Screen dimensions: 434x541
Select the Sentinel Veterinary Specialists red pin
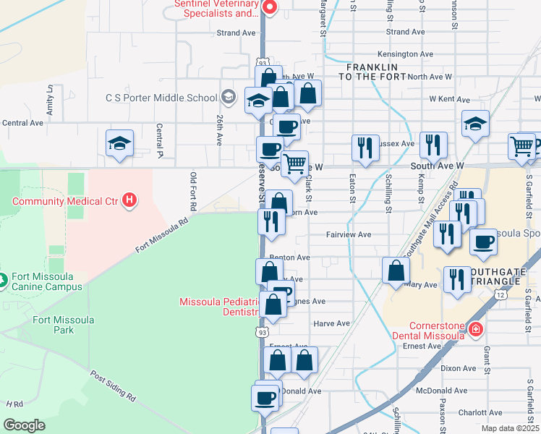270,8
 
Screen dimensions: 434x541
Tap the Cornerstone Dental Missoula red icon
475,330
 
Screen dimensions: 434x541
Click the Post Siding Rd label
112,387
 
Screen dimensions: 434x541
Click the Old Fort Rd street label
193,191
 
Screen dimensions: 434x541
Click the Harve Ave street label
332,323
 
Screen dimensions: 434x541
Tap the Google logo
24,425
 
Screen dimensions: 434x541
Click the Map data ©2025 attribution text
511,428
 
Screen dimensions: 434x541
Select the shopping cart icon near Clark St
294,163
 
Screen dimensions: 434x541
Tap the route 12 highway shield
500,294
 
